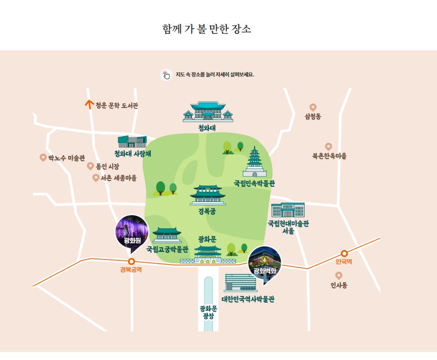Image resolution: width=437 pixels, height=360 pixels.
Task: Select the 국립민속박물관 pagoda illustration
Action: coord(254,163)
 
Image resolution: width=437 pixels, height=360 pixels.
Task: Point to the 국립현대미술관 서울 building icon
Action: coord(288,211)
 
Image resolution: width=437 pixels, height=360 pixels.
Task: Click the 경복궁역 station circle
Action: coord(131,261)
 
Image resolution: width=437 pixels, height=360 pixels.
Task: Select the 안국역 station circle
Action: coord(344,254)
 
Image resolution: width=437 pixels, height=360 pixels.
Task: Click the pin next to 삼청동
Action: coord(313,107)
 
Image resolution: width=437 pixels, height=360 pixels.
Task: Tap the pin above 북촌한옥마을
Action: coord(329,147)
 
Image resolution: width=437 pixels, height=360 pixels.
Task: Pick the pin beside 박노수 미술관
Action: coord(43,158)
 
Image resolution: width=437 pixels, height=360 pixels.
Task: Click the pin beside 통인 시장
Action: coord(90,166)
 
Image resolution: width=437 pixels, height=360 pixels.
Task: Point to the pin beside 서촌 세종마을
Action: coord(96,178)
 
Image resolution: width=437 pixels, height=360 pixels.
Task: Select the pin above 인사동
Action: coord(339,275)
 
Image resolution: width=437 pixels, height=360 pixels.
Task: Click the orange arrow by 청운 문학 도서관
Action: coord(88,105)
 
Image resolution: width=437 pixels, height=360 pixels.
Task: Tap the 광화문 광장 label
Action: coord(208,311)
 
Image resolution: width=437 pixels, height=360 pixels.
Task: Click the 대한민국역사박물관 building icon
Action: coord(240,283)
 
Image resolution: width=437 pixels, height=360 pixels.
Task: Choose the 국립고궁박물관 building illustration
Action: coord(166,235)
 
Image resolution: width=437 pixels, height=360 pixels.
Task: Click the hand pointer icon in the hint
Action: coord(166,75)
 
